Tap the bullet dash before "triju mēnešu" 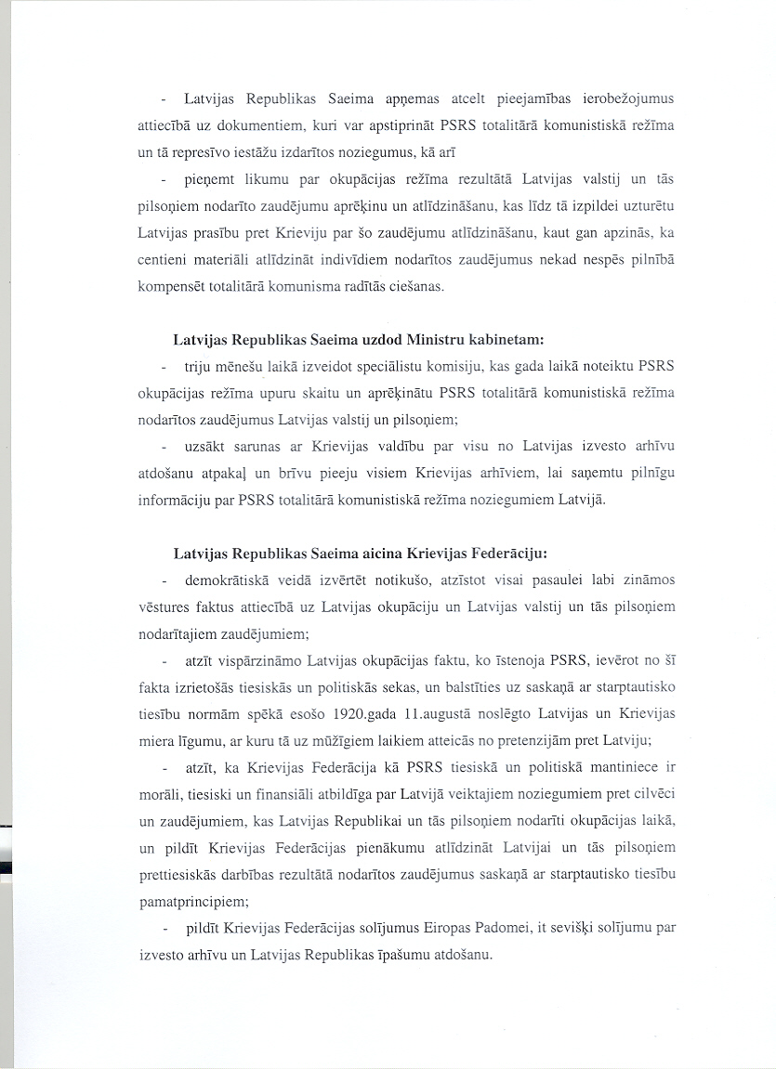point(164,366)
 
